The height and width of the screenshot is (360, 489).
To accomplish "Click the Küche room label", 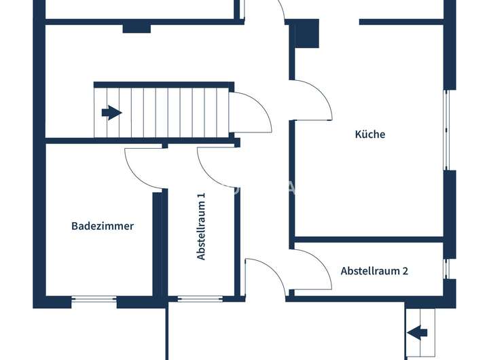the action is [x=370, y=134].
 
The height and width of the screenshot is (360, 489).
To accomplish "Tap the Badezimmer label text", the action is [x=103, y=226].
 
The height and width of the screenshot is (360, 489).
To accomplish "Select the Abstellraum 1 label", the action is [x=201, y=226].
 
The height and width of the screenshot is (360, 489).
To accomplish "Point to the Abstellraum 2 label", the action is [x=374, y=270].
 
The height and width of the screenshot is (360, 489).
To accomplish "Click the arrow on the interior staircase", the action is [x=111, y=112].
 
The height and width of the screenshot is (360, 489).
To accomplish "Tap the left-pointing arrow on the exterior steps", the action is [x=418, y=332].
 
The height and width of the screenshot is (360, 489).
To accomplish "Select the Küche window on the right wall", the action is [x=447, y=129].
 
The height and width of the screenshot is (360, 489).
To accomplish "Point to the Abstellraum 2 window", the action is [x=446, y=268].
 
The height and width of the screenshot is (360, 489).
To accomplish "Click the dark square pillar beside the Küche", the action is [x=306, y=33].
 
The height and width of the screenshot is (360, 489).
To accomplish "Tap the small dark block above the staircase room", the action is [x=137, y=29].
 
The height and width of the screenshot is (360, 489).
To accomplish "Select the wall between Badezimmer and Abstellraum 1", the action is [x=158, y=245].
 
